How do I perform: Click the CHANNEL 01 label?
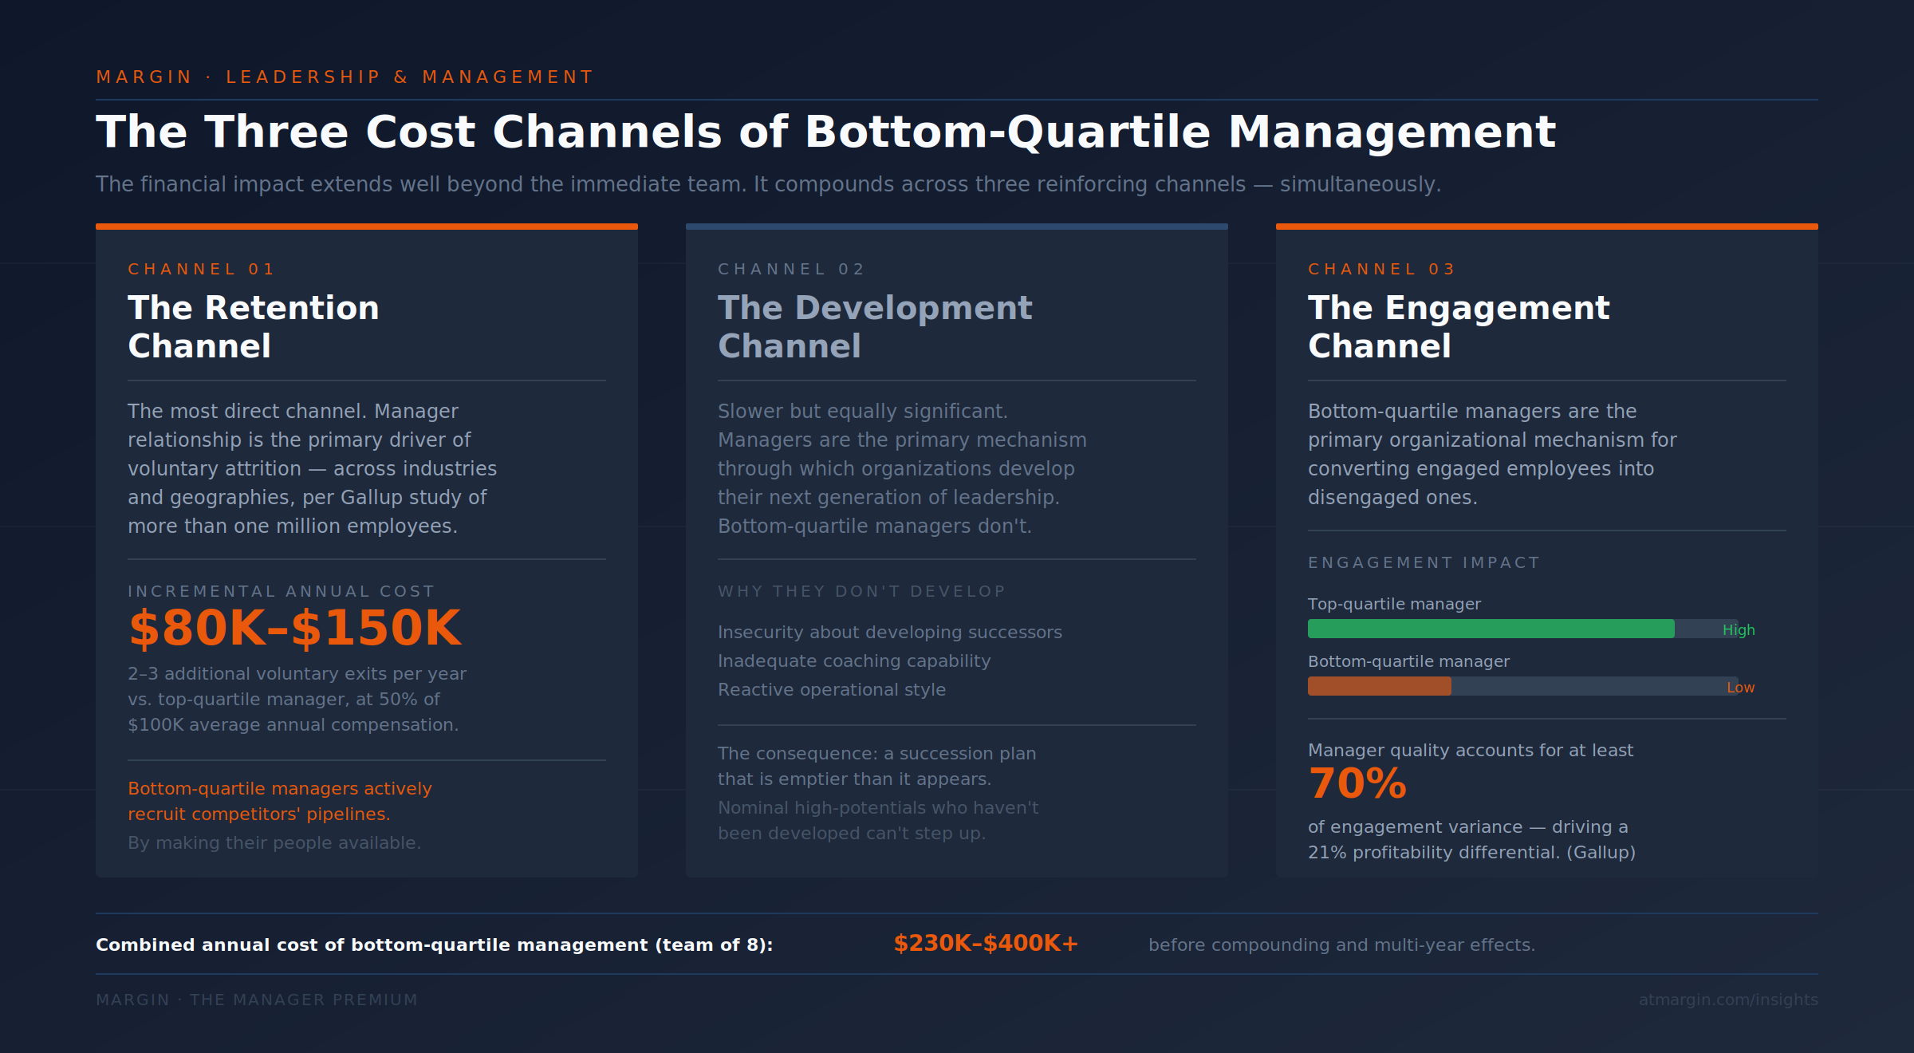201,269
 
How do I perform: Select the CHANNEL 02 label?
791,269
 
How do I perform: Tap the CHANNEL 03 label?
1381,269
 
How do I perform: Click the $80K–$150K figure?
294,628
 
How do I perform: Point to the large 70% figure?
1357,783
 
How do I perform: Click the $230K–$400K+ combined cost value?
986,944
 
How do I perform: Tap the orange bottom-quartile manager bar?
1379,686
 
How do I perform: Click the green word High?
1738,630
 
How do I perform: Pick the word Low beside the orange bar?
1740,688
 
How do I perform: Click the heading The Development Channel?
874,326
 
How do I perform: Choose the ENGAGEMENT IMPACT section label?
1424,562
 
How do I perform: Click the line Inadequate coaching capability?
853,661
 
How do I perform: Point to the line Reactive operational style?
831,689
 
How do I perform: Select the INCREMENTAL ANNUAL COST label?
281,591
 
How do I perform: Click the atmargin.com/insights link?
1727,1000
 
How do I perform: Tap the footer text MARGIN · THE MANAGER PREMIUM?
256,1000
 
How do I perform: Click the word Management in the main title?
1391,132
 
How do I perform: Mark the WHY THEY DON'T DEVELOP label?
861,591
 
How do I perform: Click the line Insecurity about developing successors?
889,632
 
